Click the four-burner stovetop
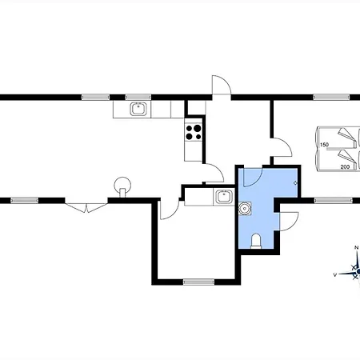click(x=194, y=132)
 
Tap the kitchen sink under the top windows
click(x=138, y=109)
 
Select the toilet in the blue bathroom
click(x=256, y=241)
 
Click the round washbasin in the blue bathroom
click(x=244, y=208)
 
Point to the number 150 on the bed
click(x=324, y=145)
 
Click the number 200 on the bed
click(x=345, y=167)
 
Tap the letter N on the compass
click(x=356, y=248)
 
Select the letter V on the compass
click(x=335, y=274)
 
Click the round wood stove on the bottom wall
click(x=122, y=186)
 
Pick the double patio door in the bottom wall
click(x=86, y=207)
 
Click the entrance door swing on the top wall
click(x=222, y=85)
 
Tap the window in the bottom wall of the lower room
click(x=198, y=282)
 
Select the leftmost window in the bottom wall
click(x=24, y=200)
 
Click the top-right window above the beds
click(x=331, y=97)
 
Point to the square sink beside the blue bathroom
click(x=224, y=197)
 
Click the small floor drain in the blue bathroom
click(x=295, y=183)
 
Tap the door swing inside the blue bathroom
click(x=253, y=177)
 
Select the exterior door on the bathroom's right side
click(x=289, y=222)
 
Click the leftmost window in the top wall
click(x=95, y=97)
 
